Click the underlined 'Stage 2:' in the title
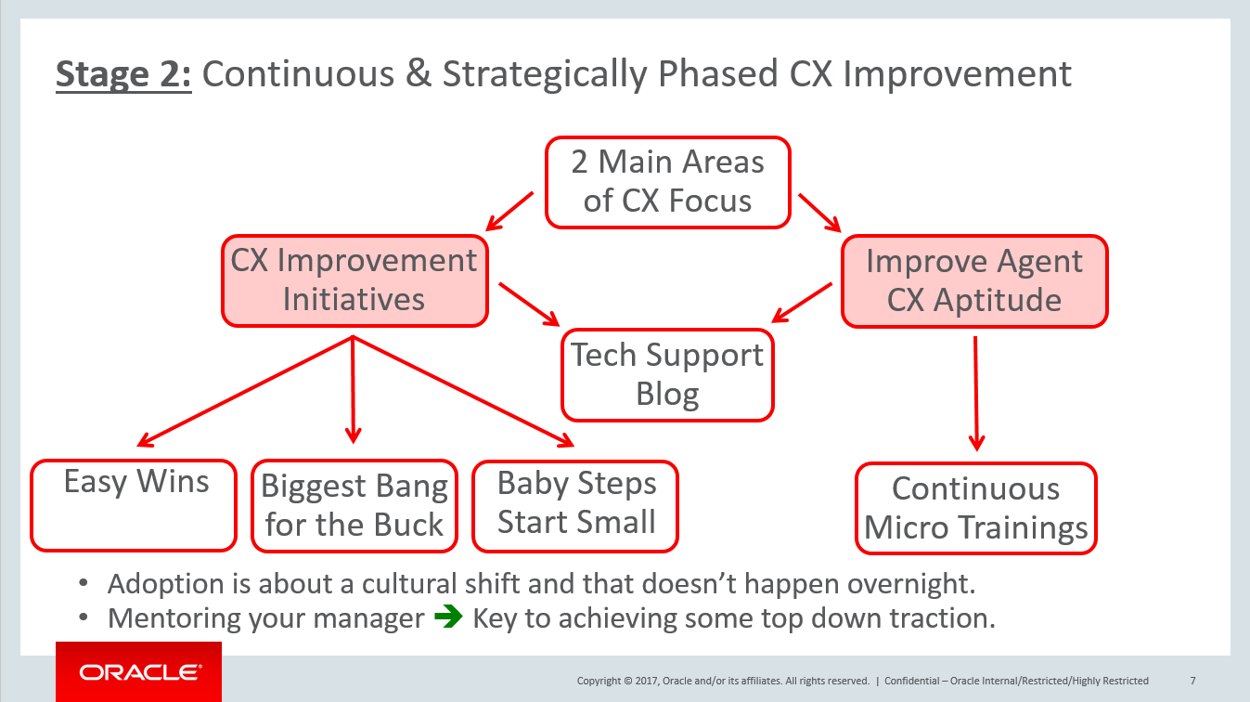123,74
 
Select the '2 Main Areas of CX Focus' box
667,182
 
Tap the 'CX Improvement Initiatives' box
354,281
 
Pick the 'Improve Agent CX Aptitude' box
974,281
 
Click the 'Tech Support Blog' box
667,375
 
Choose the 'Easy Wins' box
134,505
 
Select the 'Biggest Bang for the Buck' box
354,505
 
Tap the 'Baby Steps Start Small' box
575,506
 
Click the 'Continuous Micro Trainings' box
976,508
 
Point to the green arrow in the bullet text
448,617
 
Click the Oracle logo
139,672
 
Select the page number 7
1192,681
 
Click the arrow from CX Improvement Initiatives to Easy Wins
245,391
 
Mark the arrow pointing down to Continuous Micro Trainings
976,394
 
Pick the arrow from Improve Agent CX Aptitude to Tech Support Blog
802,303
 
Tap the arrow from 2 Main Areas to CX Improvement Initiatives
509,211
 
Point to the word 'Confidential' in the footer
912,681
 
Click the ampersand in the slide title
418,74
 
